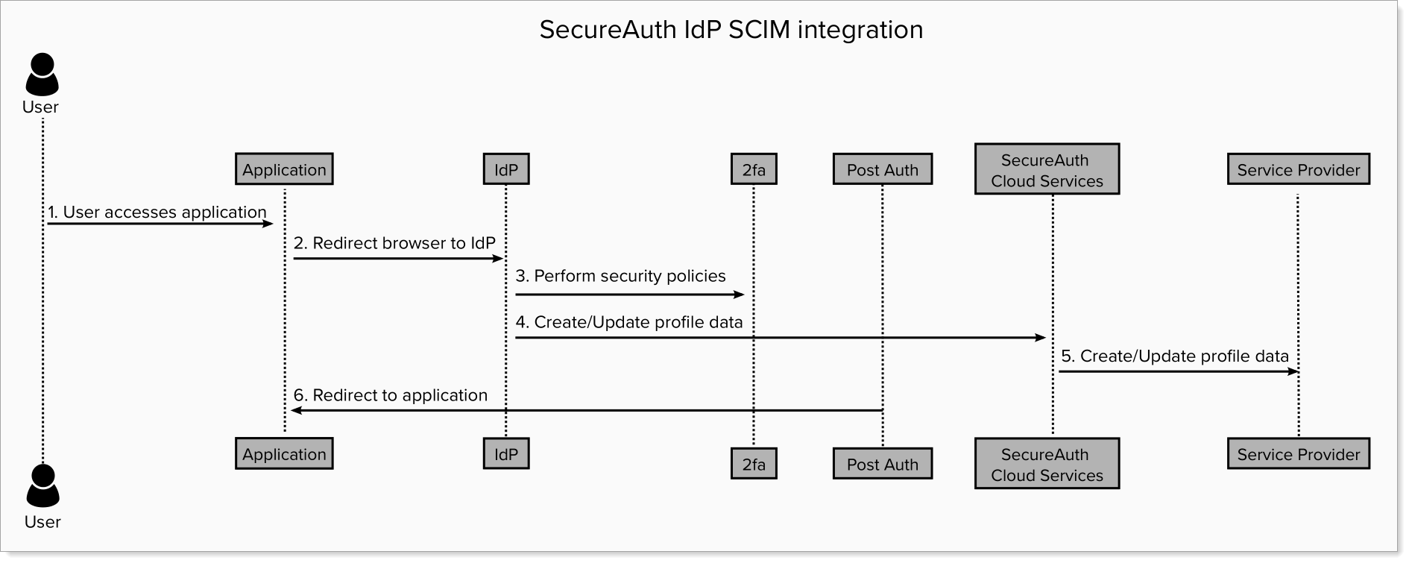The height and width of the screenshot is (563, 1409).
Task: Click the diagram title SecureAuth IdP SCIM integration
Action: click(731, 30)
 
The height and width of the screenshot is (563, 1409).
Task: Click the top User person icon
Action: click(42, 73)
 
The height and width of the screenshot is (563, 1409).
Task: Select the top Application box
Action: click(284, 169)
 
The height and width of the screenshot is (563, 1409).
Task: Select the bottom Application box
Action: click(284, 453)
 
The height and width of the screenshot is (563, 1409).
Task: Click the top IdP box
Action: click(506, 169)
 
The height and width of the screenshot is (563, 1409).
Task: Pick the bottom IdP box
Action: click(506, 453)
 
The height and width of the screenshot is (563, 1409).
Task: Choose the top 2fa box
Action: click(754, 169)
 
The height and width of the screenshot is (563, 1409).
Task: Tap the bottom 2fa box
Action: click(754, 464)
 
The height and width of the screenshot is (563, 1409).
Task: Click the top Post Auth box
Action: click(883, 169)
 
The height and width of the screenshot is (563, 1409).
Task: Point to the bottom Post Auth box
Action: click(883, 464)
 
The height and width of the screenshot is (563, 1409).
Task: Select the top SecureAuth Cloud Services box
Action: click(1047, 170)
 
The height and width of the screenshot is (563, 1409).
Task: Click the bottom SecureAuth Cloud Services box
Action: click(1047, 464)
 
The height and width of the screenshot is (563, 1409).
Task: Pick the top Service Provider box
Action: click(1298, 169)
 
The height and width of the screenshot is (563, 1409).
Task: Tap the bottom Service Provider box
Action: click(1298, 453)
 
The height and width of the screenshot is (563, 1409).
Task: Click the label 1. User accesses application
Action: click(157, 212)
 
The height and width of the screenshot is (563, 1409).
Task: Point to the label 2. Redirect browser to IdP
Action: click(394, 243)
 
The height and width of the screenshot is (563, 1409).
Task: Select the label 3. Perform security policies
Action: click(620, 276)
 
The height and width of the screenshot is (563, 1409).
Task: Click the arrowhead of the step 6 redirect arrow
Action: click(296, 411)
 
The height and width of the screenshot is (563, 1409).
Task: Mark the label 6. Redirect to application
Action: click(391, 395)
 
